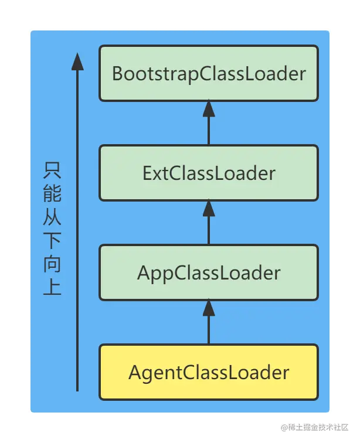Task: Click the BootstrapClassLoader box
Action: [x=209, y=74]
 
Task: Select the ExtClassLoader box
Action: [x=209, y=173]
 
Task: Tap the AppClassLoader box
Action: [x=209, y=273]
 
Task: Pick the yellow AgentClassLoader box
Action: [x=209, y=373]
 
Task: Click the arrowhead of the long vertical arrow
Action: [x=77, y=61]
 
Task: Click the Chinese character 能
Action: [x=52, y=194]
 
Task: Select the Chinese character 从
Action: [x=52, y=217]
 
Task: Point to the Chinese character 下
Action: [x=52, y=241]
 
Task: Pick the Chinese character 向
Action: [x=52, y=264]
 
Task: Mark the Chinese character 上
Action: [x=52, y=288]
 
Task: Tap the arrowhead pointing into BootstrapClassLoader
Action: [x=209, y=109]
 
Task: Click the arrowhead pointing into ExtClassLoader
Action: [x=209, y=209]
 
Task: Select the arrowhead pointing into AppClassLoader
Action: [x=209, y=308]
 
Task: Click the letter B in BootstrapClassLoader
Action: [x=117, y=74]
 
